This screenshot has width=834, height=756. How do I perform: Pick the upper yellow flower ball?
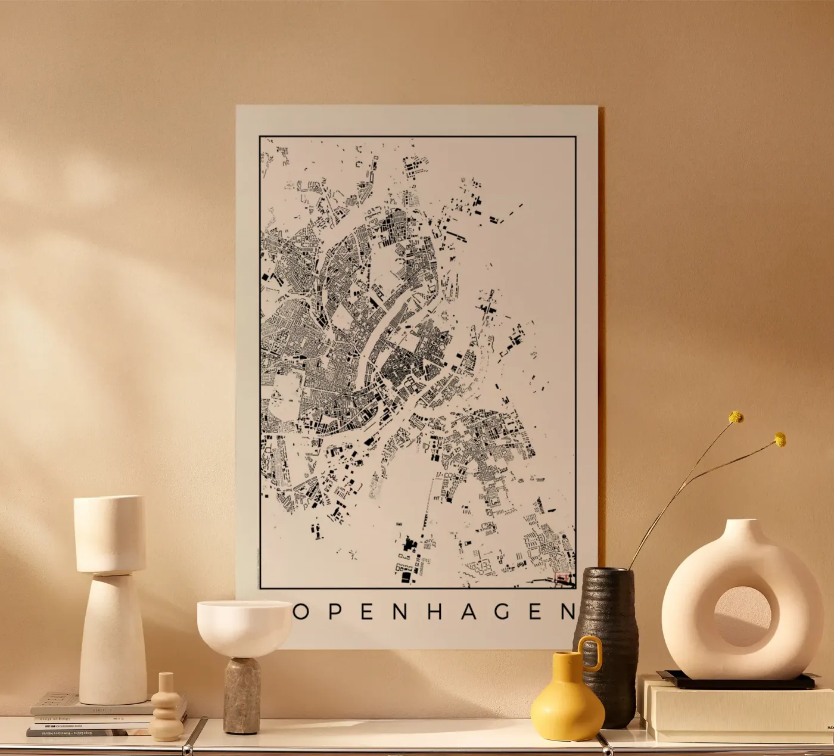pyautogui.click(x=737, y=417)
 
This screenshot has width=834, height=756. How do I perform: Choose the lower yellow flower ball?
pyautogui.click(x=780, y=440)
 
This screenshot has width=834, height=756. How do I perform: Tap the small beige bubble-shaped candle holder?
pyautogui.click(x=164, y=709)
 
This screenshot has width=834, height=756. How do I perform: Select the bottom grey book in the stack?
pyautogui.click(x=71, y=732)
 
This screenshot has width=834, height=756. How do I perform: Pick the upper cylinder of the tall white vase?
pyautogui.click(x=110, y=534)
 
